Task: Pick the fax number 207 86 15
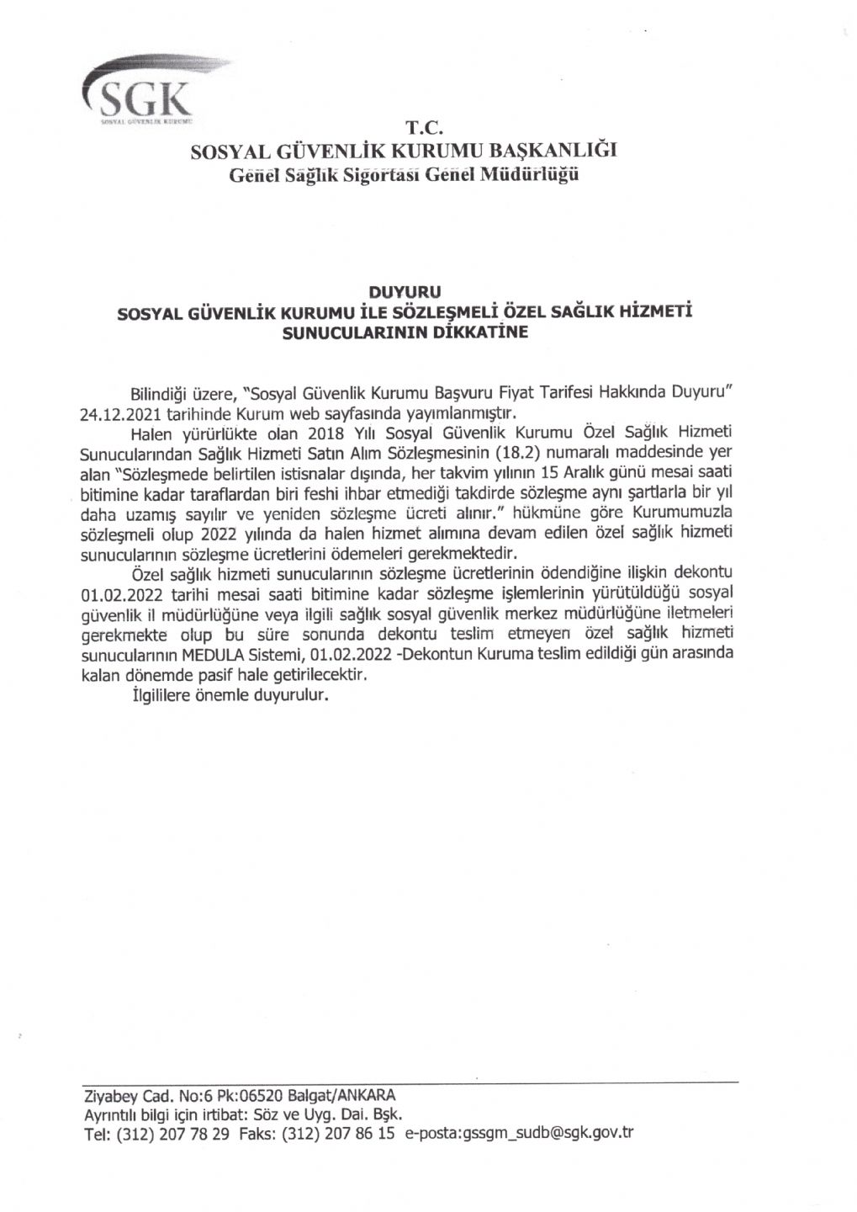(363, 1134)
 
